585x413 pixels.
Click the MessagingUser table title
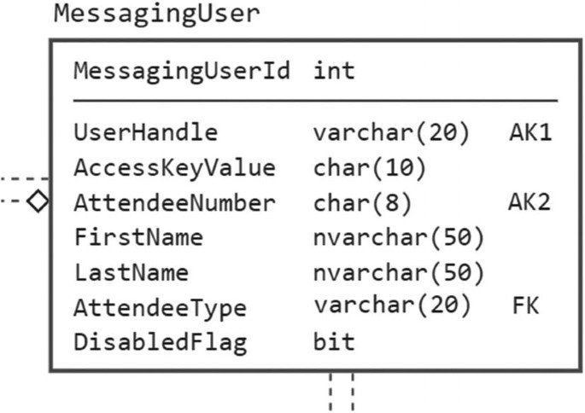[156, 15]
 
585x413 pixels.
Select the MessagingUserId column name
[182, 71]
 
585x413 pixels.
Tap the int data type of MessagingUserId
[334, 71]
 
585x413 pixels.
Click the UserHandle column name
[145, 133]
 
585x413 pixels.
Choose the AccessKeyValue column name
[174, 168]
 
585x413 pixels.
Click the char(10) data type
[369, 168]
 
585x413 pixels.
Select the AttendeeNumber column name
[174, 203]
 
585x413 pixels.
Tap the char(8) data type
[362, 203]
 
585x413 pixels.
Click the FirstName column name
[138, 237]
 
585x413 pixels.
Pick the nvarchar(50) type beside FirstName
[399, 237]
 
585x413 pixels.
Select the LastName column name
[131, 273]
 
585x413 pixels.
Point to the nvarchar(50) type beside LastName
[399, 273]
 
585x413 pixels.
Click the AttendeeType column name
[160, 307]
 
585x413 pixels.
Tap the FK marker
[525, 306]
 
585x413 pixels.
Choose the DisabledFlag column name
[160, 343]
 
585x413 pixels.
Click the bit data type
[334, 343]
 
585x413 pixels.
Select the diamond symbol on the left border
[38, 202]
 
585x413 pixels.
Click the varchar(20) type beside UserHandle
[391, 133]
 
